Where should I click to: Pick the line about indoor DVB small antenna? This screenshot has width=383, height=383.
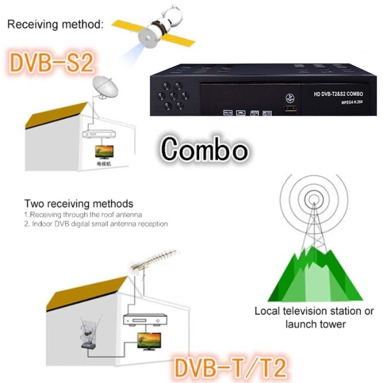pos(96,224)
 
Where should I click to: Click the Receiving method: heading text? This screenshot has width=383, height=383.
pos(54,25)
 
